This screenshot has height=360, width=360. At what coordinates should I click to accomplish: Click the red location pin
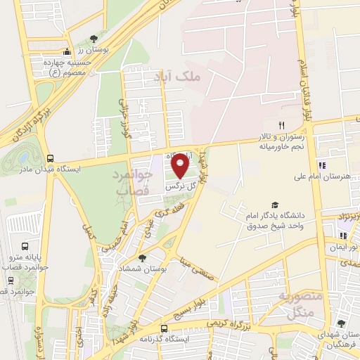(x=181, y=166)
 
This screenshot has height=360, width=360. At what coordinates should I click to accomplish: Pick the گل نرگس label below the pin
(x=179, y=188)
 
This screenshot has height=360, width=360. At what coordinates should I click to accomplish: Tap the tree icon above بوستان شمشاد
(x=142, y=259)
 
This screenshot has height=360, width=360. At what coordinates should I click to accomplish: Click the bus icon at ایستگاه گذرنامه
(x=165, y=328)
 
